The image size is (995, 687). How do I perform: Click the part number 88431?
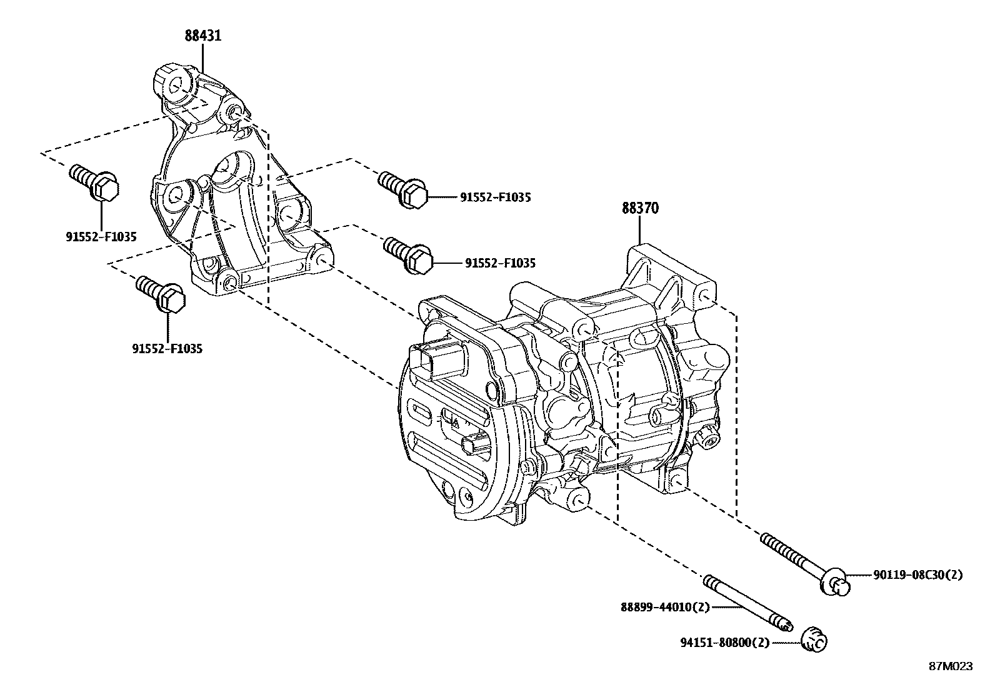click(x=203, y=36)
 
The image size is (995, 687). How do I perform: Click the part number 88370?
click(x=639, y=208)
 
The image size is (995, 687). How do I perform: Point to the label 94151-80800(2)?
click(x=724, y=642)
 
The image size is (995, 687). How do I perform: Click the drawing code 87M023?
click(x=950, y=666)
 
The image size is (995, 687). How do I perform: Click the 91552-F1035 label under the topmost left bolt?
click(x=101, y=237)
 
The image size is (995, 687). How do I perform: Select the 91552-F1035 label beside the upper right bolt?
click(x=495, y=198)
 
